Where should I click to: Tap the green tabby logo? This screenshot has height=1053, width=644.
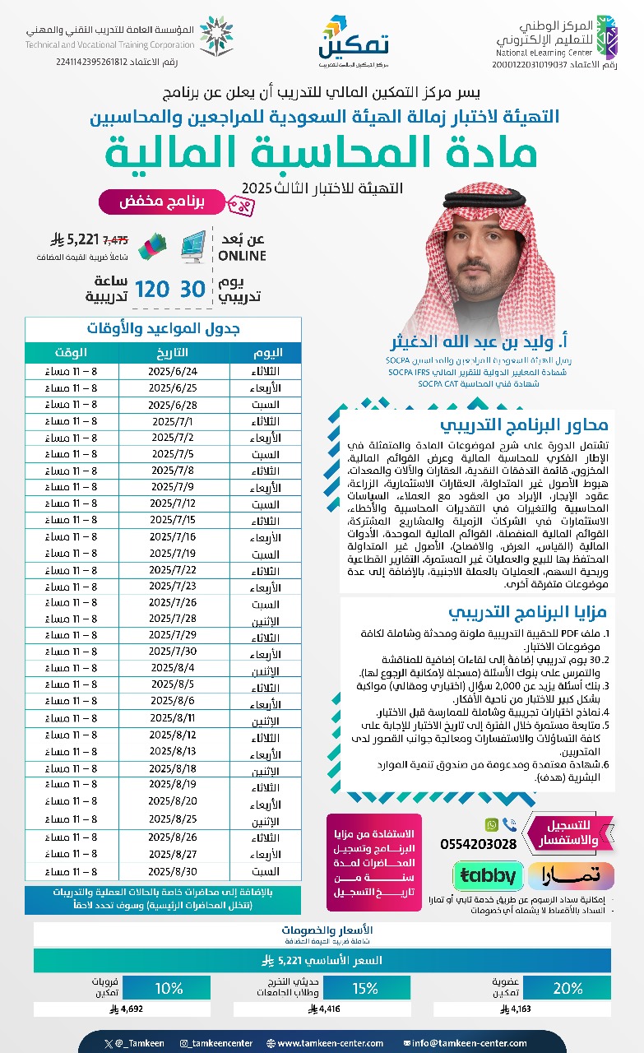pyautogui.click(x=487, y=875)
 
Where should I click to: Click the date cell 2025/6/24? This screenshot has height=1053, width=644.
pyautogui.click(x=173, y=371)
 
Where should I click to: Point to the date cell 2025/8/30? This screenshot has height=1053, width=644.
pyautogui.click(x=173, y=871)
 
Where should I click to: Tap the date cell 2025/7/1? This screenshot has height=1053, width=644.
pyautogui.click(x=173, y=421)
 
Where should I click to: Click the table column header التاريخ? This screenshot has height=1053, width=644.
pyautogui.click(x=173, y=352)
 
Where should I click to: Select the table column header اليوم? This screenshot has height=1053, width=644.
pyautogui.click(x=266, y=352)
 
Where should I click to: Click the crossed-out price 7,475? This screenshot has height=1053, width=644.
pyautogui.click(x=115, y=241)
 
